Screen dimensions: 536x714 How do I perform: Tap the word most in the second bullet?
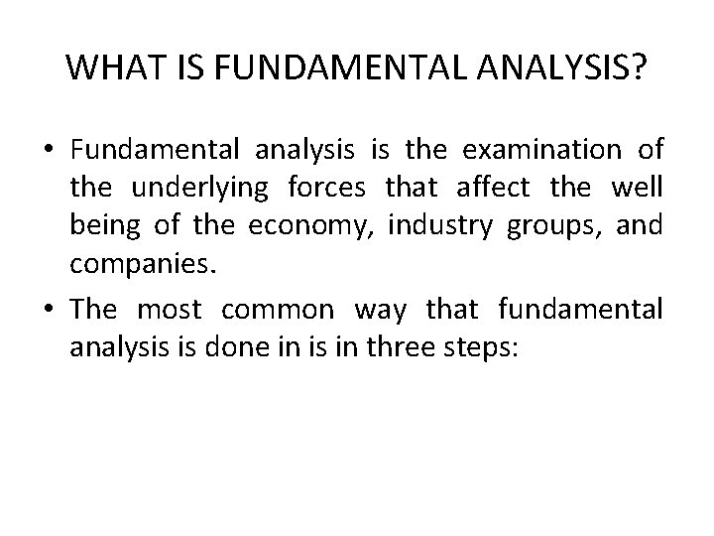pos(169,311)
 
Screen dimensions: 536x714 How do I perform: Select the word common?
pos(278,311)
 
